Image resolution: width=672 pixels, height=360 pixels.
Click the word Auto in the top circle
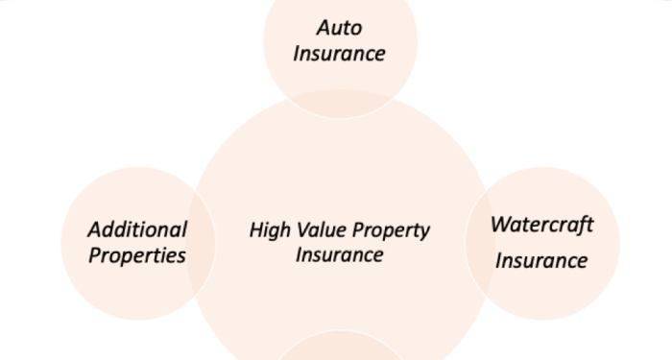point(340,27)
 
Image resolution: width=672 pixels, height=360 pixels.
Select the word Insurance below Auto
point(339,53)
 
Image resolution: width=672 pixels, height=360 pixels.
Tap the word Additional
point(137,229)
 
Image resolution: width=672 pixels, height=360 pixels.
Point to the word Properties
point(137,255)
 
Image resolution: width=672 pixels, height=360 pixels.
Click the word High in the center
point(269,230)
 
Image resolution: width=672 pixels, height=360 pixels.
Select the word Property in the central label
point(391,231)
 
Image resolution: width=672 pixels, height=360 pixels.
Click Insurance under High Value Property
point(340,255)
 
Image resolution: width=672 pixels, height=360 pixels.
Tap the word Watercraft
point(542,225)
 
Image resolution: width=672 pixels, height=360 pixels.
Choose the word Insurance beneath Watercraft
point(541,260)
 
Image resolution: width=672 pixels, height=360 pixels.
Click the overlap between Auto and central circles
point(341,104)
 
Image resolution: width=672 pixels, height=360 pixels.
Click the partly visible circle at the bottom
point(341,347)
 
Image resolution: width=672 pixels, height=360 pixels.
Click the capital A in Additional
point(94,229)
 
